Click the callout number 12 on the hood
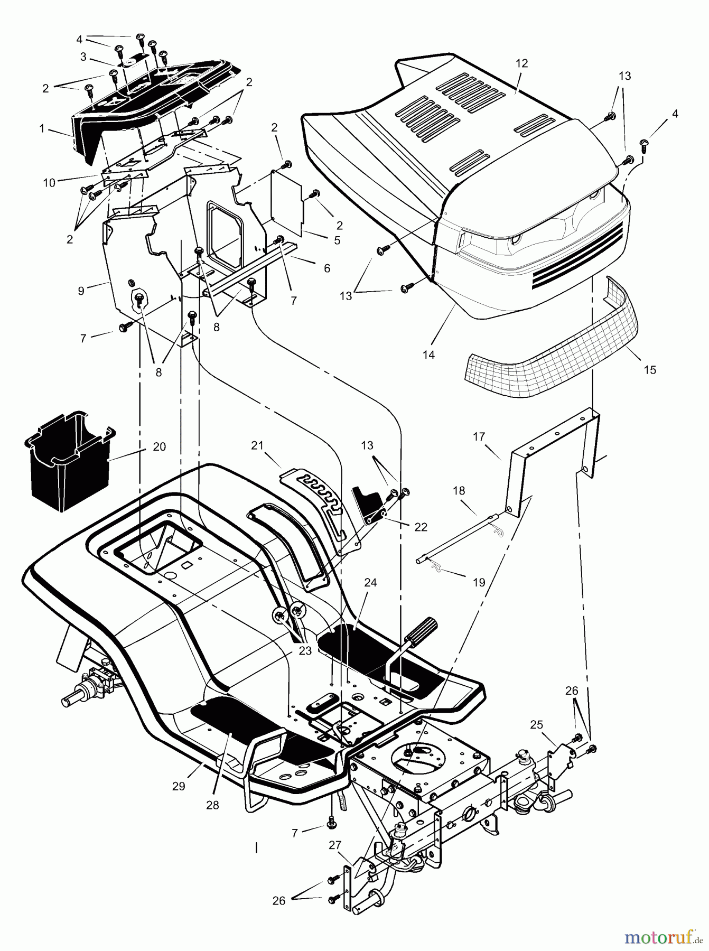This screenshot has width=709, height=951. click(x=521, y=63)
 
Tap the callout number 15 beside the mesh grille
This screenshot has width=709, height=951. click(x=650, y=370)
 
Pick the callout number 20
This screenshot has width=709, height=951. click(x=159, y=447)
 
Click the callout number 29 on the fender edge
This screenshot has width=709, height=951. click(x=179, y=786)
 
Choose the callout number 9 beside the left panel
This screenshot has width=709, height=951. click(x=81, y=291)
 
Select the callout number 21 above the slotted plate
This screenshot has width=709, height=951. click(x=257, y=446)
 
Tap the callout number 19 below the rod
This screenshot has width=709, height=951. click(x=478, y=583)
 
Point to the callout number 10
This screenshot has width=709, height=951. click(x=49, y=183)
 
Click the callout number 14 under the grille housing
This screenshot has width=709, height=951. click(x=428, y=355)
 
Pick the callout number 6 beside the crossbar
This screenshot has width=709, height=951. click(x=327, y=268)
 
